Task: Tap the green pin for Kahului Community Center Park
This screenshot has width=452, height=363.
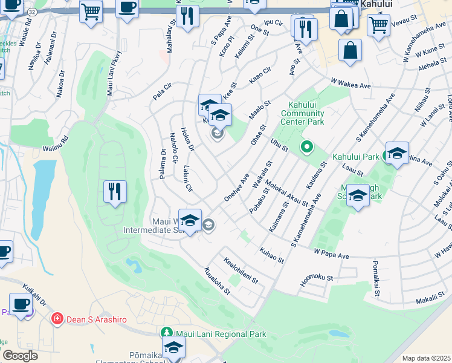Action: point(306,146)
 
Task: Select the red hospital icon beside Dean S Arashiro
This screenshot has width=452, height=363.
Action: point(57,318)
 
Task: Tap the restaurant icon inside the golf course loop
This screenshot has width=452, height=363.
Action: point(114,192)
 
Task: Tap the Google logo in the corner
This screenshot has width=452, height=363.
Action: point(20,356)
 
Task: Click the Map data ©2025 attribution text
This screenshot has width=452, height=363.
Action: point(426,358)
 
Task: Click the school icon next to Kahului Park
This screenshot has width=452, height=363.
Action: point(397,154)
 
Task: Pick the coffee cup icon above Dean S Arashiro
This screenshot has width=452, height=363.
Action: point(21,305)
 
